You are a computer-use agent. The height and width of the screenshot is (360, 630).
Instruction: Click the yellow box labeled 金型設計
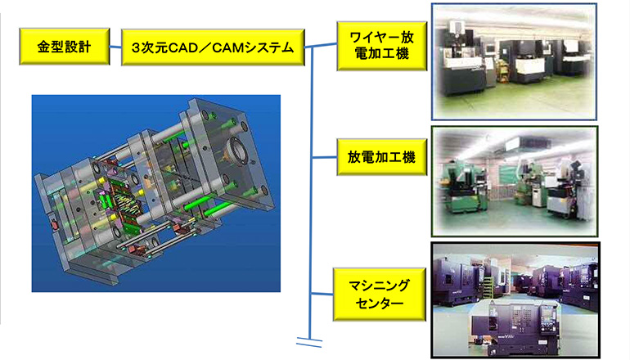(65, 47)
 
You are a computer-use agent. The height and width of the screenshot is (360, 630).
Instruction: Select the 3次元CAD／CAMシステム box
(213, 47)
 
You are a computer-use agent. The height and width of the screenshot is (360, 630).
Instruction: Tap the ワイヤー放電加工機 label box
(382, 46)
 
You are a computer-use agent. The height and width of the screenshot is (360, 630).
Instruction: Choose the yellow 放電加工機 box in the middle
(382, 157)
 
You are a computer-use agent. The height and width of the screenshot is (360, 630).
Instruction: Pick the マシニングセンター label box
(380, 295)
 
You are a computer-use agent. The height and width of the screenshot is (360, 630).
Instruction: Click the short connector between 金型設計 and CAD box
(115, 47)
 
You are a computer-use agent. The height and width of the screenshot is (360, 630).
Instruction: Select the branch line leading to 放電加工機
(324, 157)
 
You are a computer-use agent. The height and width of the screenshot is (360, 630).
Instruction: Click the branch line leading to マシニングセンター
(322, 294)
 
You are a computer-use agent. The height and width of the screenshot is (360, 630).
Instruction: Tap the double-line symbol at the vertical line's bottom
(309, 343)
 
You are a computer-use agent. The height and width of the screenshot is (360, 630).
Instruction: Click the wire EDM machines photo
(514, 62)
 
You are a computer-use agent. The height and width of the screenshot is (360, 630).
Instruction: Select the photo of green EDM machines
(515, 181)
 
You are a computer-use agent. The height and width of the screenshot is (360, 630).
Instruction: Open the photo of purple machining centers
(515, 299)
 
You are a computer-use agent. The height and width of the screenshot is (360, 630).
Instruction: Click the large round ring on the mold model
(237, 151)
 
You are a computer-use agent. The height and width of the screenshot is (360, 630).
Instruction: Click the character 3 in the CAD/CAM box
(136, 48)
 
